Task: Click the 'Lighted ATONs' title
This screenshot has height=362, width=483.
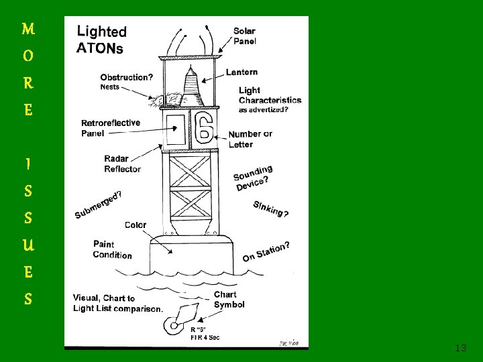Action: coord(101,39)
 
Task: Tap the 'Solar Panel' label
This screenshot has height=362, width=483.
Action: coord(244,36)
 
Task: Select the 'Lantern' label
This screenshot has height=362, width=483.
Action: coord(241,72)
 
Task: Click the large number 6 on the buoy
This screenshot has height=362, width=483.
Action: coord(204,127)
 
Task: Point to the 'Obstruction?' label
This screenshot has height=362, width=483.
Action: coord(126,77)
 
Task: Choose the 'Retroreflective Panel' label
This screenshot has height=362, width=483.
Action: coord(111,128)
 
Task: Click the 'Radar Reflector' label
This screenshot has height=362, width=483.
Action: coord(122,164)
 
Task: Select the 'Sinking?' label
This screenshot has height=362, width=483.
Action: coord(270,208)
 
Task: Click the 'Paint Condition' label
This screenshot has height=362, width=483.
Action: coord(112,249)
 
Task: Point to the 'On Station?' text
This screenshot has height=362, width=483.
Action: coord(266,251)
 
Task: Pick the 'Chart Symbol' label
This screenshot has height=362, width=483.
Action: coord(229,299)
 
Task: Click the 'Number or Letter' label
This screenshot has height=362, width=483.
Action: coord(250,139)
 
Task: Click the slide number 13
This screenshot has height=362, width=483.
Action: coord(460,348)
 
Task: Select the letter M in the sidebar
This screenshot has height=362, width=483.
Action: coord(28,29)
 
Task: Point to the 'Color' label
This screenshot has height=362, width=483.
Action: coord(135,225)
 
